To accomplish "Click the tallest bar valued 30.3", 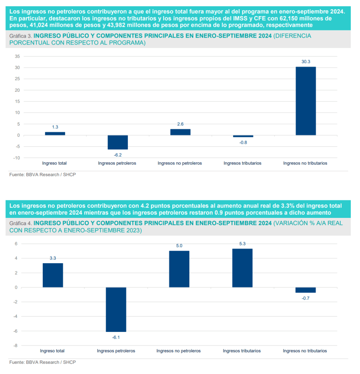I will click(306, 101).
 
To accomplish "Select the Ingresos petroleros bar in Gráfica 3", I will click(117, 142).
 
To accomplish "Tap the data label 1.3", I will click(55, 127).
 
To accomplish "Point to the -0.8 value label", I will click(243, 142).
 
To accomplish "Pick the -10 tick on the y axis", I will click(16, 158).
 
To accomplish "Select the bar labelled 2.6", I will click(180, 132).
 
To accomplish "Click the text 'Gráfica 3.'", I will click(21, 36).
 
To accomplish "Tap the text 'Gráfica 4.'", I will click(21, 223).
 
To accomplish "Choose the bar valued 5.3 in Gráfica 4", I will click(242, 268).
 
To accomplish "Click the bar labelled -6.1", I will click(116, 309).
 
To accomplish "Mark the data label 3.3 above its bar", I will click(53, 258).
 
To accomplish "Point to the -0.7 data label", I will click(305, 298).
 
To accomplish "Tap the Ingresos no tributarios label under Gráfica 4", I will click(305, 351).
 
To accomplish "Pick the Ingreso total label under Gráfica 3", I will click(54, 163).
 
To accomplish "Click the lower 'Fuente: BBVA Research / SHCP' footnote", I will click(43, 362).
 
